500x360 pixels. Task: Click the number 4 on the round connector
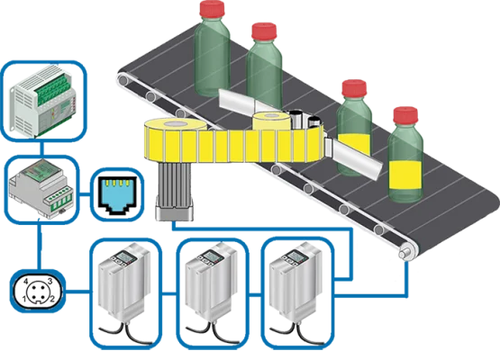coord(26,281)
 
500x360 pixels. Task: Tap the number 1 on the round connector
coord(24,299)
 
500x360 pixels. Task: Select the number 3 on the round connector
coord(50,281)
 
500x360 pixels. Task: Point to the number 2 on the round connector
coord(52,299)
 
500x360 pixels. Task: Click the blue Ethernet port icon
coord(117,194)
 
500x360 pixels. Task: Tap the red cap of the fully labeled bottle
coord(405,115)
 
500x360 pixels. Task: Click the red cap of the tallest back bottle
coord(212,8)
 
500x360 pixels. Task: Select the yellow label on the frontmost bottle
coord(405,175)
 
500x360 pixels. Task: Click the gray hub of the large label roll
coord(175,123)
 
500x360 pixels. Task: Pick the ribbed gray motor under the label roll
coord(174,191)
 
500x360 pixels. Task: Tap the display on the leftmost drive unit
coord(122,256)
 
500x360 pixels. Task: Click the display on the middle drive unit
coord(208,256)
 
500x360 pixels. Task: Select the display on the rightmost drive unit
coord(294,256)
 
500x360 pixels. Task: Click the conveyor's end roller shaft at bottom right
coord(405,254)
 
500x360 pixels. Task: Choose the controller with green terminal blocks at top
coord(44,101)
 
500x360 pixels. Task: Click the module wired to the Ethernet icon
coord(41,189)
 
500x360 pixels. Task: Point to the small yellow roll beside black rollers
coord(271,121)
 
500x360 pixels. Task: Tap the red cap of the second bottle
coord(264,31)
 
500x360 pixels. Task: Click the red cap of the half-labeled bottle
coord(354,88)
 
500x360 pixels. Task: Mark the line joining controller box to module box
coord(41,148)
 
